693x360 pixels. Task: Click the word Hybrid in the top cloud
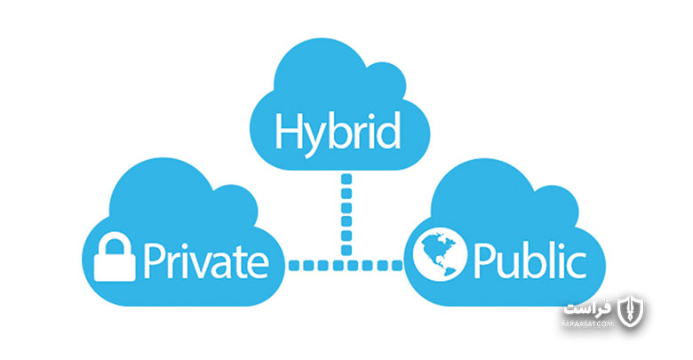click(x=338, y=132)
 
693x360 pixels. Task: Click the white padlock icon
click(x=115, y=257)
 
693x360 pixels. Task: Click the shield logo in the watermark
click(x=631, y=310)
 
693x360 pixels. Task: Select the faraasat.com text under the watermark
click(x=588, y=324)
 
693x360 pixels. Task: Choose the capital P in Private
click(x=154, y=260)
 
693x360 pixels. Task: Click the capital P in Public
click(x=484, y=260)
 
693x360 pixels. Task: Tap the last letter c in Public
click(x=577, y=265)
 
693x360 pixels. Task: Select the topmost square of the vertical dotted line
click(x=346, y=180)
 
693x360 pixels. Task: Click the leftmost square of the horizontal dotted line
click(x=294, y=266)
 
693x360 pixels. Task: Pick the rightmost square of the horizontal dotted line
click(x=397, y=266)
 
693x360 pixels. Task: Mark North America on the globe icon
click(x=434, y=248)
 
